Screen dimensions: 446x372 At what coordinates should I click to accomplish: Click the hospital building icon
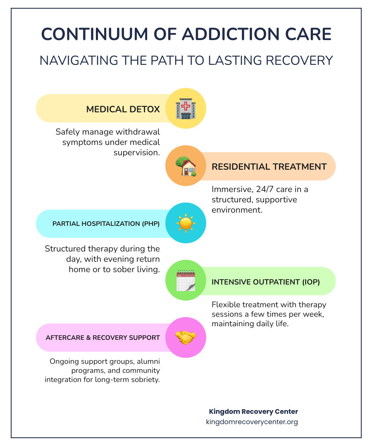tap(186, 109)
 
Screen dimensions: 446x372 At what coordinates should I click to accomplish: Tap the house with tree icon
tap(186, 166)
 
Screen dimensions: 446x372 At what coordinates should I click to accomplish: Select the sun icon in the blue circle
tap(186, 223)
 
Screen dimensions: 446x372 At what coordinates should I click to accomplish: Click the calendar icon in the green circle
tap(186, 281)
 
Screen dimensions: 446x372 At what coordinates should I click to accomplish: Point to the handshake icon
tap(186, 337)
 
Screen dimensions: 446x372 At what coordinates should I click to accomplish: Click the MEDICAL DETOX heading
tap(123, 109)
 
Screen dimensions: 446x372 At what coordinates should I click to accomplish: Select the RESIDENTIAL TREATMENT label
tap(269, 167)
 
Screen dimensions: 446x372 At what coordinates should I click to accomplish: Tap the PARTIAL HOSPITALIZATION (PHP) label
tap(106, 224)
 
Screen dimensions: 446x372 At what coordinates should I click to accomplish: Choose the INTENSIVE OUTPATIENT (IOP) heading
tap(266, 282)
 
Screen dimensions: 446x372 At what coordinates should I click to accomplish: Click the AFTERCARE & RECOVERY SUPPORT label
tap(103, 338)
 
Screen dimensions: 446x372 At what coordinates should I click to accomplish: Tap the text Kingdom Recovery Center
tap(253, 412)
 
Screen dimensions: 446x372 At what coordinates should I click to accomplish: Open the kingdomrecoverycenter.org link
tap(252, 422)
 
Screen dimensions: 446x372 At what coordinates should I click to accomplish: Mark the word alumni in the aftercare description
tap(149, 361)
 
